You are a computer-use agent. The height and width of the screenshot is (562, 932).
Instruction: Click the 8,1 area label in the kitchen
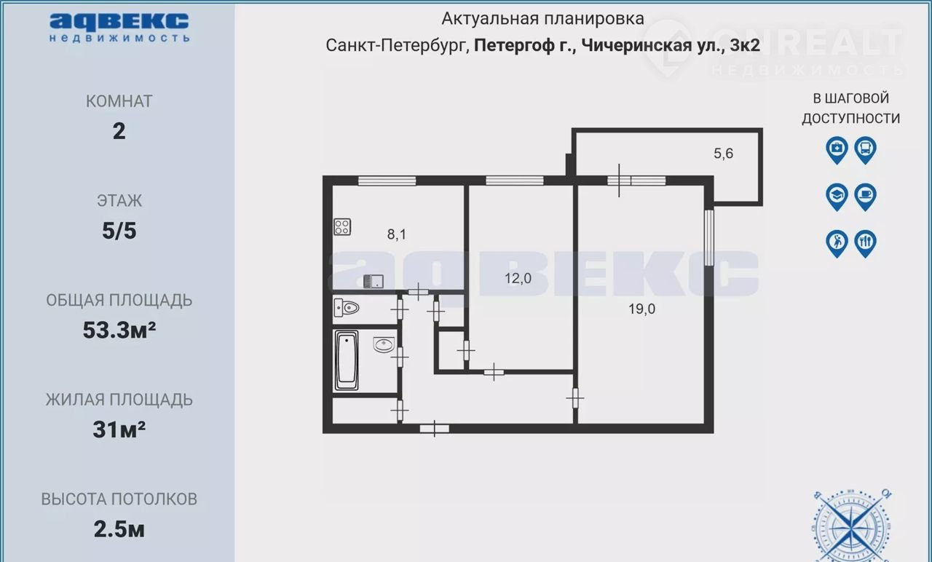click(x=397, y=234)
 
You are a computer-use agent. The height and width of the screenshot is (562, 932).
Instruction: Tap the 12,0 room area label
click(x=518, y=278)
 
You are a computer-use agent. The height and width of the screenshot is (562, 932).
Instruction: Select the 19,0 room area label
click(x=641, y=309)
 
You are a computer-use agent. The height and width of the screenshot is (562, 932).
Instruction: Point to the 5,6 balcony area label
click(x=724, y=154)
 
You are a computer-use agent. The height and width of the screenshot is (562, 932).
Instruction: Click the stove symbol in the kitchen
click(x=342, y=227)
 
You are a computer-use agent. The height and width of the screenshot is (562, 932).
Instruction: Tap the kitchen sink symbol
click(x=374, y=282)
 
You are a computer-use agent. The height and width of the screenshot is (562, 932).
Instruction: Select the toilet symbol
click(x=346, y=308)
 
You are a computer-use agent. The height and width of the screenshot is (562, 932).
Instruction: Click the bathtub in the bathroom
click(x=346, y=360)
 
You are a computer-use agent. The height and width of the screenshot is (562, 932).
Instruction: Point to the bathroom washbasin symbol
click(x=384, y=345)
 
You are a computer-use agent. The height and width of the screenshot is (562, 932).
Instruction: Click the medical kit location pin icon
click(x=837, y=150)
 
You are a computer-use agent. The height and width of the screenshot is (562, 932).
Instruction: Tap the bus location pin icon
click(x=866, y=150)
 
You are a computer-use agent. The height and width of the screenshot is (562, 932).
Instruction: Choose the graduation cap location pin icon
click(x=837, y=197)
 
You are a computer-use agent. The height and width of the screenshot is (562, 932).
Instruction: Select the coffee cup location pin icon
click(x=866, y=197)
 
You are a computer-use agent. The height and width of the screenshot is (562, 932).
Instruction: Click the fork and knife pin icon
click(x=866, y=244)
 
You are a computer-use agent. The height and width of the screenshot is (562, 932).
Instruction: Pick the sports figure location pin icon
click(x=837, y=244)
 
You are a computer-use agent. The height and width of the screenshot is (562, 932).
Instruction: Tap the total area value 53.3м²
click(x=119, y=331)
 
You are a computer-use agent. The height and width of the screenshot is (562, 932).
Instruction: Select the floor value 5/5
click(x=119, y=231)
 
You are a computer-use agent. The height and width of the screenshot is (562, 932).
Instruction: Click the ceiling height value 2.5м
click(x=119, y=529)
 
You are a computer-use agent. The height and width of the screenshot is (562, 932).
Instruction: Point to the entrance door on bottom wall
click(x=435, y=429)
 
